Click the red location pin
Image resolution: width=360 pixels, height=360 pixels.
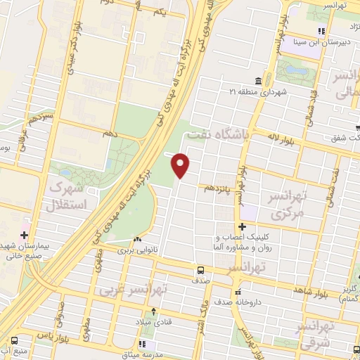181,165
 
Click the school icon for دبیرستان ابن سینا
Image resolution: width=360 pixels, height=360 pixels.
321,30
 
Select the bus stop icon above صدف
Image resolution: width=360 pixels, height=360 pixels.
201,269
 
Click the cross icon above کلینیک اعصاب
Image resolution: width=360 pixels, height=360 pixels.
242,226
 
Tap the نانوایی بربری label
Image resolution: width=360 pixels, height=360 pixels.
134,250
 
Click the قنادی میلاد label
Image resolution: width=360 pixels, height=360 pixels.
155,321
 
